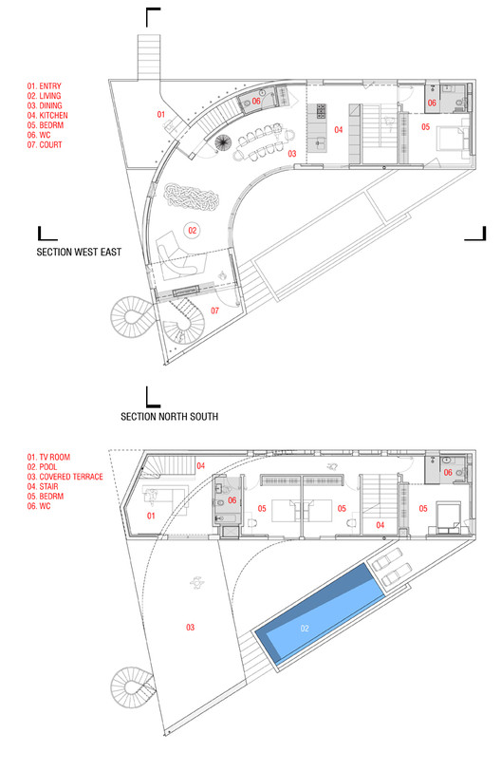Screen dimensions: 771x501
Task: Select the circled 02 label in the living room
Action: [192, 230]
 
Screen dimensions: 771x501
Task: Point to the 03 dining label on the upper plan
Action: [292, 153]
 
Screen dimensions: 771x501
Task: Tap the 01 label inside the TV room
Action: [151, 516]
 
